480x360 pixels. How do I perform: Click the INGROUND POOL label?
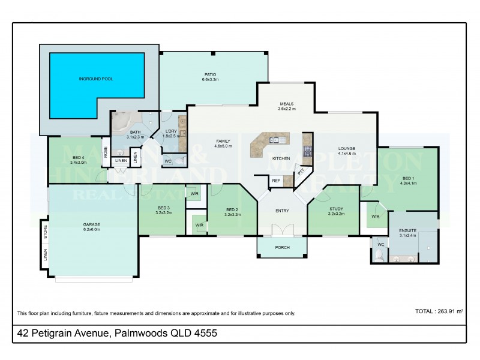pos(96,79)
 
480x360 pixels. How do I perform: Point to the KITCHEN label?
pos(281,158)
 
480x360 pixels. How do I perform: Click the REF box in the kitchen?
pos(276,180)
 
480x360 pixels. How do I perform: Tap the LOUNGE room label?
pos(347,148)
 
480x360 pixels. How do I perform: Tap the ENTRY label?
pos(281,210)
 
